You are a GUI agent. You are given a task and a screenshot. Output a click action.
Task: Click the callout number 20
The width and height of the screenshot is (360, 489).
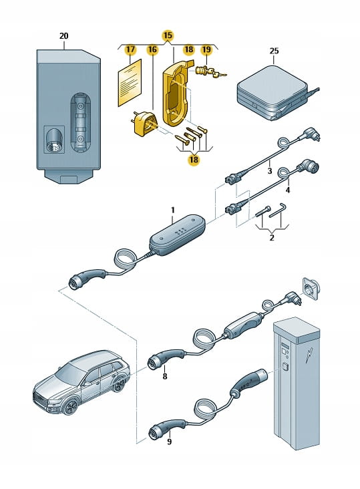click(x=63, y=36)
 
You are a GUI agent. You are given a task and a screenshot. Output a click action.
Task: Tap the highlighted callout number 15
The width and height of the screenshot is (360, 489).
click(x=168, y=35)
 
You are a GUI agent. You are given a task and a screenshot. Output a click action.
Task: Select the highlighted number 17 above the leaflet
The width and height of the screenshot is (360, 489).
click(x=130, y=49)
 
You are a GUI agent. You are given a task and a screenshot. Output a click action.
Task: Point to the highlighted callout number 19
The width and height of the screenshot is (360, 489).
click(x=206, y=49)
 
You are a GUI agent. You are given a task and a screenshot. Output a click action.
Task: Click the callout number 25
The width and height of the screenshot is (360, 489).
click(x=274, y=51)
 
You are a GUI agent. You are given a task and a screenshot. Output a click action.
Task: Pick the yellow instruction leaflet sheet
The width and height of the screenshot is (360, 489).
click(x=130, y=83)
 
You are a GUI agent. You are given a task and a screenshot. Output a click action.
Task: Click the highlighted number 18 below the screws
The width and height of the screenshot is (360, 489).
click(x=194, y=160)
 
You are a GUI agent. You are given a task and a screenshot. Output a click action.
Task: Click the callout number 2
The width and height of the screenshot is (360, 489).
click(x=271, y=238)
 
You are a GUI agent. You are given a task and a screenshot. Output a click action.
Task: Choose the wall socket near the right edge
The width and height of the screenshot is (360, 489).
click(x=309, y=289)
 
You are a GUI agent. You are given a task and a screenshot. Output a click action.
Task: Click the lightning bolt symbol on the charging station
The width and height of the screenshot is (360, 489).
click(x=310, y=355)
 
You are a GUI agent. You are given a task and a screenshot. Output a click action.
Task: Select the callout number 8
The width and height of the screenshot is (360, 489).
click(x=164, y=376)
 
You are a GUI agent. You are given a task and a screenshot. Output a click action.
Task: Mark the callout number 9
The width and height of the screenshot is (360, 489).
click(x=169, y=442)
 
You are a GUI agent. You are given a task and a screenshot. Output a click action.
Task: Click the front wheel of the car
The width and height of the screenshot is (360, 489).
click(x=70, y=407)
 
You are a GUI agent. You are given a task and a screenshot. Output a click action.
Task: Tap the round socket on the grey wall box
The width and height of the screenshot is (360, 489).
click(x=54, y=140)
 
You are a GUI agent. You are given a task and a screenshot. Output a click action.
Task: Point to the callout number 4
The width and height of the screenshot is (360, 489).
click(x=288, y=190)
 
